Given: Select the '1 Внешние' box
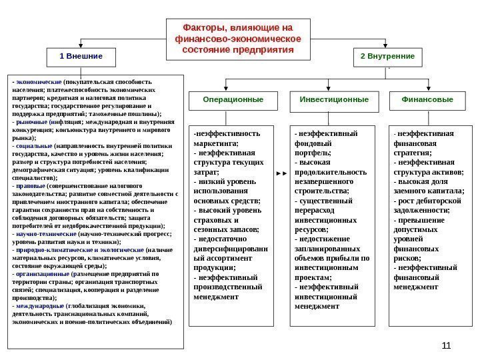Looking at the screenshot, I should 81,57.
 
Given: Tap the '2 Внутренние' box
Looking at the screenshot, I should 387,57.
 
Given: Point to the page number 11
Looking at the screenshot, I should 446,345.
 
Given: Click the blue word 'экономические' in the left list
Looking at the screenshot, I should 38,83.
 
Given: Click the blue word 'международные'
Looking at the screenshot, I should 41,306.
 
